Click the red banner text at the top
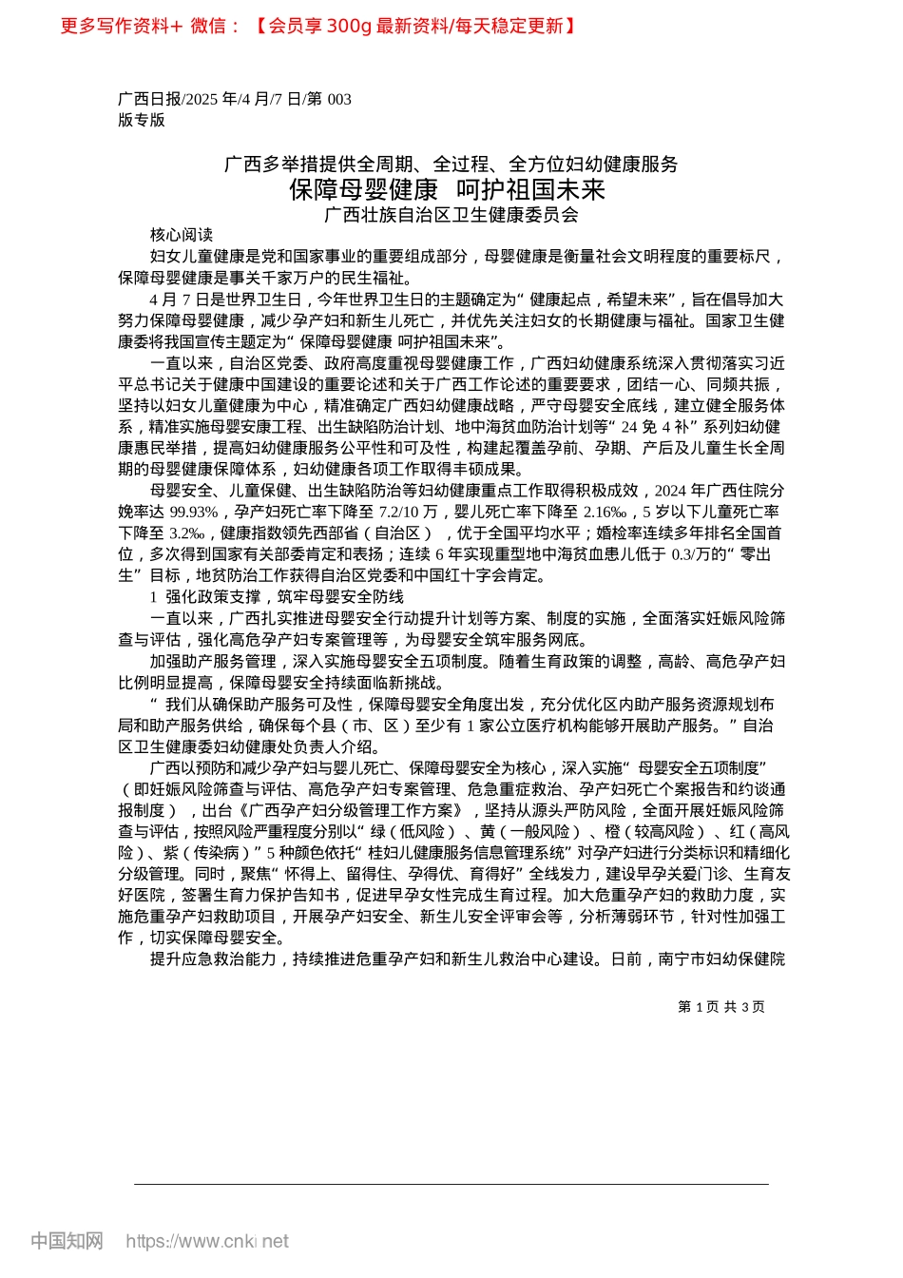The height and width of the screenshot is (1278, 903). point(318,26)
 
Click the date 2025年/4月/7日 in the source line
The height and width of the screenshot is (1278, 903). point(241,99)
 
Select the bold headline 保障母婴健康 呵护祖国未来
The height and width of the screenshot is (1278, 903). point(448,189)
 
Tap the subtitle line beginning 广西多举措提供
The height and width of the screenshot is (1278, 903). point(451,165)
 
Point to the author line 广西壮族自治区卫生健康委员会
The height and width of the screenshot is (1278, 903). point(451,215)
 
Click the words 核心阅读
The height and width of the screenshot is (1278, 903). point(182,235)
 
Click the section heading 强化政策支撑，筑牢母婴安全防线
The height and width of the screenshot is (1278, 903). point(284,597)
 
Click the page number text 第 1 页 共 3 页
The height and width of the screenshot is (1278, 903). point(720,1007)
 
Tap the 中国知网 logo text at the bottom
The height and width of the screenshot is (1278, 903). point(67,1241)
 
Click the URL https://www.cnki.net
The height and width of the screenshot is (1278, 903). point(207,1241)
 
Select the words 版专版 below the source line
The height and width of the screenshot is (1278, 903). point(142,120)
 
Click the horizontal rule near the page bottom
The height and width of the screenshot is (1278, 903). point(451,1184)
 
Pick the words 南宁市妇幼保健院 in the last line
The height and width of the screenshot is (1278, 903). point(722,958)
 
